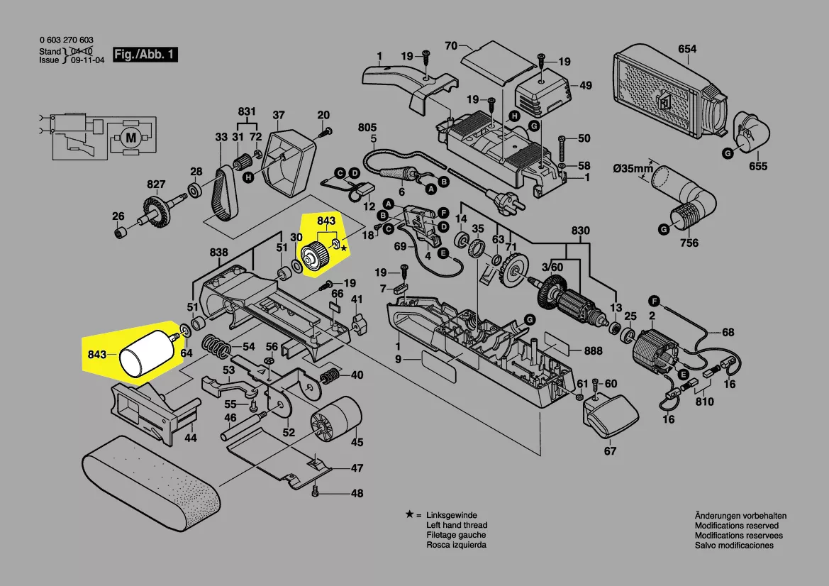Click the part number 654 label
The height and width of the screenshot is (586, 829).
point(687,49)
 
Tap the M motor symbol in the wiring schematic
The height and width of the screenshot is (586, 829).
point(130,136)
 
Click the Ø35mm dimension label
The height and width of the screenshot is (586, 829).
point(633,168)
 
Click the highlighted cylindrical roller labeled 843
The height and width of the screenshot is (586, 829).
point(145,353)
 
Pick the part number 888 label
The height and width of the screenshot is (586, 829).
point(594,351)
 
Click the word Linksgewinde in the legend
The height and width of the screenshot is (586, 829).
point(452,515)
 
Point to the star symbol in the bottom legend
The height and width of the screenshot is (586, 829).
point(409,514)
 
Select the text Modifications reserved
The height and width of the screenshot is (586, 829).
point(736,526)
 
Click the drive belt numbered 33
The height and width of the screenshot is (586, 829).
point(226,192)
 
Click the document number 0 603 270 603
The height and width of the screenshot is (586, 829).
point(67,40)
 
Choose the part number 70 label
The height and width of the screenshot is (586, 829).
point(450,47)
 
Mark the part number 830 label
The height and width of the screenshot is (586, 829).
point(581,231)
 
